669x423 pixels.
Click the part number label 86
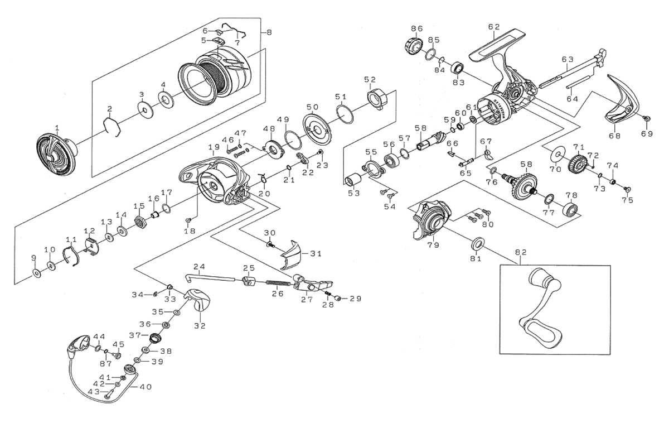point(416,28)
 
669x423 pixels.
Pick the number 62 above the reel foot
point(493,26)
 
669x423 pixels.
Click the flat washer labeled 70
point(556,155)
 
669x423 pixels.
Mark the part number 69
point(646,133)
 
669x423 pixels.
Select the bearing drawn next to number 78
point(570,212)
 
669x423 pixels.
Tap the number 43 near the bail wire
point(99,392)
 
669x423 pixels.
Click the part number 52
point(370,79)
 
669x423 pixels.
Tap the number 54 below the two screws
point(389,206)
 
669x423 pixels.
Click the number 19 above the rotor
point(214,147)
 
